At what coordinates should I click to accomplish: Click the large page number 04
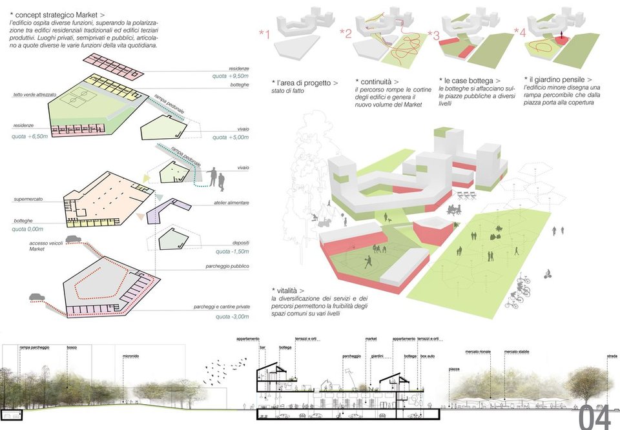pyautogui.click(x=594, y=417)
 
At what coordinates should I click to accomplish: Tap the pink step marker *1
pyautogui.click(x=263, y=34)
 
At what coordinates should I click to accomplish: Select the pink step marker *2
pyautogui.click(x=345, y=34)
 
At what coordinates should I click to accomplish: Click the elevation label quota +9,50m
pyautogui.click(x=231, y=76)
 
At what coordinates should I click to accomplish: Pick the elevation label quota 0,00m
pyautogui.click(x=27, y=229)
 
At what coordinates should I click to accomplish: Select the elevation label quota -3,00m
pyautogui.click(x=232, y=317)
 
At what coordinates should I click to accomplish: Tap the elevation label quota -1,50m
pyautogui.click(x=232, y=251)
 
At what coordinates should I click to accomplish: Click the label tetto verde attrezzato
pyautogui.click(x=35, y=95)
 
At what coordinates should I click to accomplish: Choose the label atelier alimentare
pyautogui.click(x=231, y=203)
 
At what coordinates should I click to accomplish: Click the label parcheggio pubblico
pyautogui.click(x=227, y=266)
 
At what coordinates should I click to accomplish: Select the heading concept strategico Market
pyautogui.click(x=58, y=14)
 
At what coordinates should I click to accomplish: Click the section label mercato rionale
pyautogui.click(x=478, y=352)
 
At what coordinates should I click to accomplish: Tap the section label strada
pyautogui.click(x=612, y=356)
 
